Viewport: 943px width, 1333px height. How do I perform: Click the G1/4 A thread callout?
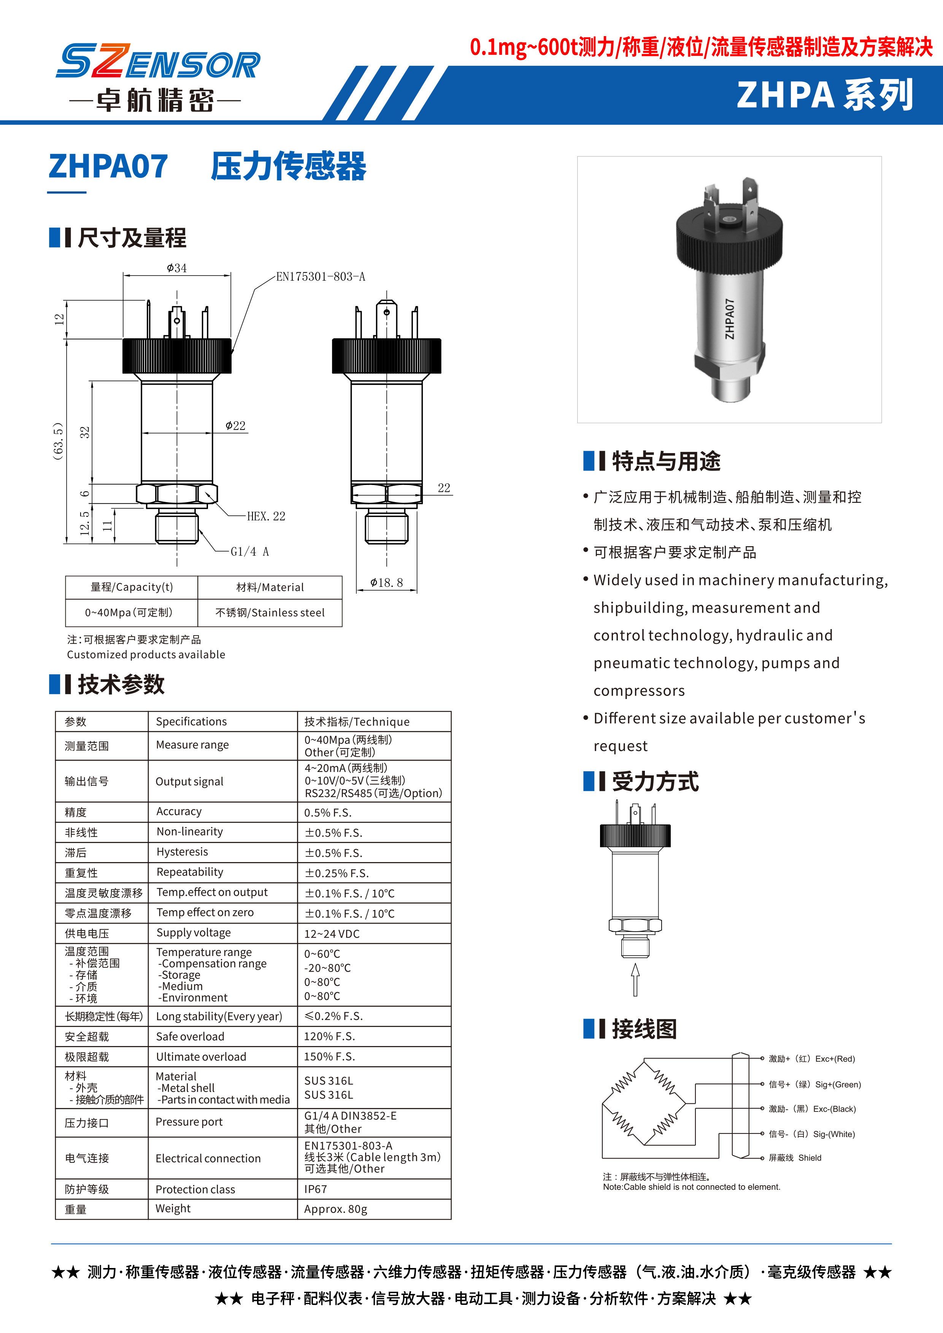click(250, 552)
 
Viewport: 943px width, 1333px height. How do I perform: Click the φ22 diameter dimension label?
click(235, 426)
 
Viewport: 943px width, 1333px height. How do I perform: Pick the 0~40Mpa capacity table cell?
click(129, 612)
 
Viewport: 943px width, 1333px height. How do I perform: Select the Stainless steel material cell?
click(270, 612)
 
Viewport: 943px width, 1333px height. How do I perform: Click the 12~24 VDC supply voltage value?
click(332, 934)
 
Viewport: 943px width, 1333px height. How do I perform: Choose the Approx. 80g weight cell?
click(336, 1209)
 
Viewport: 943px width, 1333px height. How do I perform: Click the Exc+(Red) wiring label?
click(812, 1059)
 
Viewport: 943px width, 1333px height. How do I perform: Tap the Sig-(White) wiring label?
click(812, 1134)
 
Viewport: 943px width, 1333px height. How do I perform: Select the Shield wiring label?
click(795, 1158)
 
